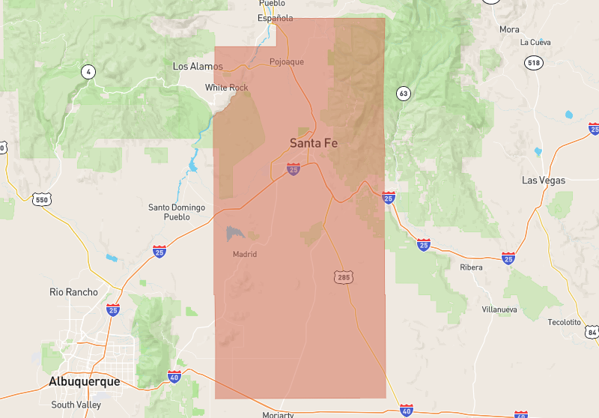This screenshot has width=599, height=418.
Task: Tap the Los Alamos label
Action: (198, 67)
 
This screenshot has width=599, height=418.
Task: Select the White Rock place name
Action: (227, 88)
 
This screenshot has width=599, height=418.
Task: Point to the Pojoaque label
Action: (287, 61)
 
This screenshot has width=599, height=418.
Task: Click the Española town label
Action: (276, 18)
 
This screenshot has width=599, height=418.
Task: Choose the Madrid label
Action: (245, 254)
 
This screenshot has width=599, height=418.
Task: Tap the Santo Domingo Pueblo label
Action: (177, 212)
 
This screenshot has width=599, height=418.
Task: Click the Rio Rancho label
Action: (73, 292)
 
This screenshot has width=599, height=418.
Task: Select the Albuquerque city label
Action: (84, 381)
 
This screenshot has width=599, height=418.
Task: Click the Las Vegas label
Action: (544, 181)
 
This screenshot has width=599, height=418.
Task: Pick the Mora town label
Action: (509, 30)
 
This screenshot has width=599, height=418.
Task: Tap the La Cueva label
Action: (535, 42)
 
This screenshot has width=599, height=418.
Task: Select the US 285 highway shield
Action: (344, 277)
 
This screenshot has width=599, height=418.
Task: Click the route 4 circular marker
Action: (89, 72)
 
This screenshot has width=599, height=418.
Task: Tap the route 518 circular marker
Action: (534, 63)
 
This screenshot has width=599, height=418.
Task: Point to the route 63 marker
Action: (404, 94)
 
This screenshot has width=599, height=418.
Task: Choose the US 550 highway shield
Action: (41, 199)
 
